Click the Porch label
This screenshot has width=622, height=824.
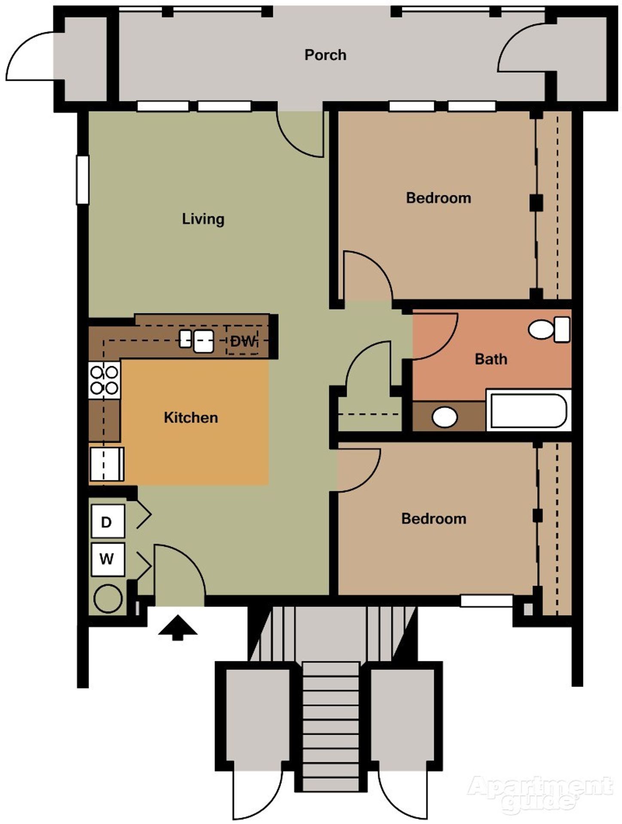pyautogui.click(x=325, y=55)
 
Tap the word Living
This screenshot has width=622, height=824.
pyautogui.click(x=203, y=219)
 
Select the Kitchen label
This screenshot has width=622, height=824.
pyautogui.click(x=191, y=418)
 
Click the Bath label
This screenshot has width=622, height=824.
pyautogui.click(x=491, y=359)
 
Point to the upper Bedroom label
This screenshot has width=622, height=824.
pyautogui.click(x=438, y=198)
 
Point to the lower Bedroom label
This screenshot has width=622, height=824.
pyautogui.click(x=433, y=518)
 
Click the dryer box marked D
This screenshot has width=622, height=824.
pyautogui.click(x=107, y=521)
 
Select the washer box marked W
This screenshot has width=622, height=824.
pyautogui.click(x=107, y=559)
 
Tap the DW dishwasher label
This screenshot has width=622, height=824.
pyautogui.click(x=243, y=342)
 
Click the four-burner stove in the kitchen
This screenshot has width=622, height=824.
pyautogui.click(x=104, y=380)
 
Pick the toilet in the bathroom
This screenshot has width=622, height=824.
pyautogui.click(x=549, y=329)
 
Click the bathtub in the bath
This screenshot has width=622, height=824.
pyautogui.click(x=528, y=411)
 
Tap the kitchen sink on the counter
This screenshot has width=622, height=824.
pyautogui.click(x=198, y=341)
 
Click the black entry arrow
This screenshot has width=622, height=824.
pyautogui.click(x=177, y=628)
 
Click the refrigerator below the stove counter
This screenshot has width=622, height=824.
pyautogui.click(x=107, y=464)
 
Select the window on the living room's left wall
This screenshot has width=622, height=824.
pyautogui.click(x=82, y=179)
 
